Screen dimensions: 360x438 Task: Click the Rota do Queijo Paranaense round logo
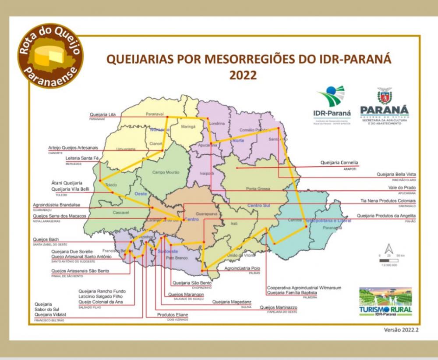(x=50, y=56)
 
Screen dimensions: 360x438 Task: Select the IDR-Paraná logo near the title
(x=332, y=105)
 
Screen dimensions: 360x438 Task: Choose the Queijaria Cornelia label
(x=339, y=163)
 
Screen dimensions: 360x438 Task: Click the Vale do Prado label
(x=403, y=188)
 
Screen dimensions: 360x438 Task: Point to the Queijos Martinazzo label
(x=279, y=307)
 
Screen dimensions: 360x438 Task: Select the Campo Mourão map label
(x=166, y=172)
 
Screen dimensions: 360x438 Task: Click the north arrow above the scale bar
(x=389, y=248)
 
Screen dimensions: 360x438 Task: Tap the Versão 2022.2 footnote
(x=400, y=330)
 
